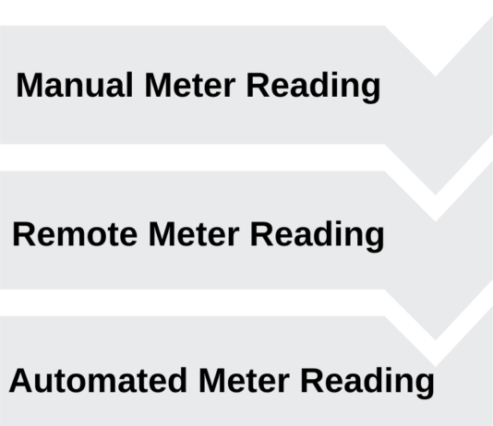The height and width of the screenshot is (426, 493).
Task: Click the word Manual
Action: [75, 85]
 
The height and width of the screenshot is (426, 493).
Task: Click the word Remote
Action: [75, 234]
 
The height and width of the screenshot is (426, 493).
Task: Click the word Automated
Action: [98, 380]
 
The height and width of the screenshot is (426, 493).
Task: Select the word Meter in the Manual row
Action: [190, 85]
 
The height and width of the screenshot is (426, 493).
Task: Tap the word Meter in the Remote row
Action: [194, 234]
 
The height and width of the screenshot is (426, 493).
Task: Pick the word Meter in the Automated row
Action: [244, 380]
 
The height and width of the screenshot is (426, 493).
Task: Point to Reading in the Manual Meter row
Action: [314, 87]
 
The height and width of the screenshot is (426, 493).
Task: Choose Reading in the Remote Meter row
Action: [318, 236]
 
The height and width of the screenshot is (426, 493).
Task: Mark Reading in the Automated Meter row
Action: [367, 382]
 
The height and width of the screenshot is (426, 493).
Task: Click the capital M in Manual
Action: [30, 85]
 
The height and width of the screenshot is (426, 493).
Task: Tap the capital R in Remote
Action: [24, 234]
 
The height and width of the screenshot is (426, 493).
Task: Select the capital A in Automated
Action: [21, 380]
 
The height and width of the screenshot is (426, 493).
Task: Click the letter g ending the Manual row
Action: [371, 90]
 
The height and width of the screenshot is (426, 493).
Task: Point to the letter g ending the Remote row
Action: [375, 240]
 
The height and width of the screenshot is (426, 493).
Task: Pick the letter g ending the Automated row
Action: [425, 385]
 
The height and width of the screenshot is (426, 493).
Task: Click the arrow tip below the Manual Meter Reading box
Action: [436, 195]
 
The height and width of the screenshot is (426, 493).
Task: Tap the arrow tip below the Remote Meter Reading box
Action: [436, 340]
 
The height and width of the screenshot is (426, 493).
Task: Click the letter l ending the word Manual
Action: [130, 85]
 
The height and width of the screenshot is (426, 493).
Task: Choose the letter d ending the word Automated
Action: [178, 380]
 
